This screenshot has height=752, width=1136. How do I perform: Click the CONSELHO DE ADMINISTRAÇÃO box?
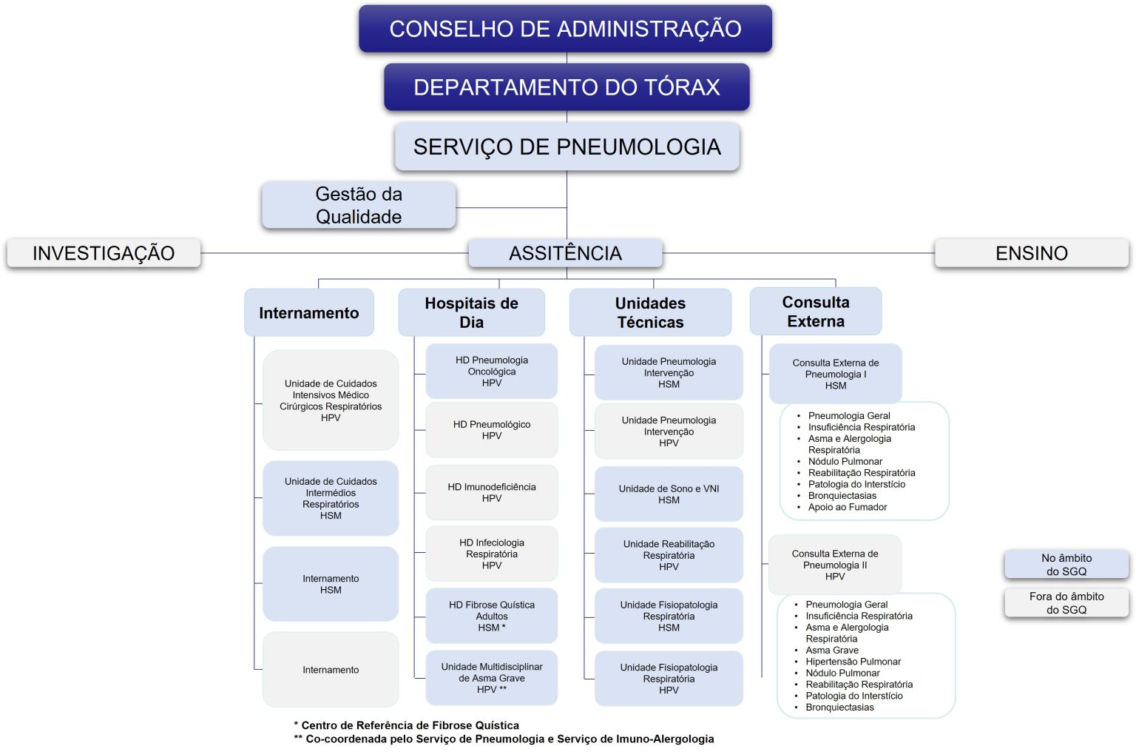565,29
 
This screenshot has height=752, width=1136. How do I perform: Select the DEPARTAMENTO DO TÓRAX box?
567,87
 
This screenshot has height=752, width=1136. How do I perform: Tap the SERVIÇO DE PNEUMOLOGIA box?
567,147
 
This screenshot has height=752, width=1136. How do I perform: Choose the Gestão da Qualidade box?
359,205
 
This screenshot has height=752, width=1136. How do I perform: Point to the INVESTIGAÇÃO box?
104,253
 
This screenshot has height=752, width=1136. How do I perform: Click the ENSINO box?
1031,253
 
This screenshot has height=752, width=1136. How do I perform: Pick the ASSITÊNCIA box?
565,253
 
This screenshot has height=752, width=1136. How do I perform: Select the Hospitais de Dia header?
471,312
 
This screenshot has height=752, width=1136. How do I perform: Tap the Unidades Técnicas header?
650,312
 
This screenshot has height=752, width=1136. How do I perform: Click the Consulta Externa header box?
815,312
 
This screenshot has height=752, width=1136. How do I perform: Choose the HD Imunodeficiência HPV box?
491,492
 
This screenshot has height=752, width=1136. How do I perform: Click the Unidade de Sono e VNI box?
669,494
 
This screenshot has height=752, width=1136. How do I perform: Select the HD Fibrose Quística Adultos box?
491,616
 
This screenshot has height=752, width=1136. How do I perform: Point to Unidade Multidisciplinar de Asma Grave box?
491,677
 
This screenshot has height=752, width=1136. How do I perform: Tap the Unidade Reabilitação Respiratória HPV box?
669,555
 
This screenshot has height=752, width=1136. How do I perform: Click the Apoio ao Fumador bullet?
847,507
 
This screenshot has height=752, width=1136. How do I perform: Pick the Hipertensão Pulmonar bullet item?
853,662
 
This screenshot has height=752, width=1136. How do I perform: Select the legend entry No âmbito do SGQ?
1066,565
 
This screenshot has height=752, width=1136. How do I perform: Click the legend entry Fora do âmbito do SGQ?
1066,602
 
